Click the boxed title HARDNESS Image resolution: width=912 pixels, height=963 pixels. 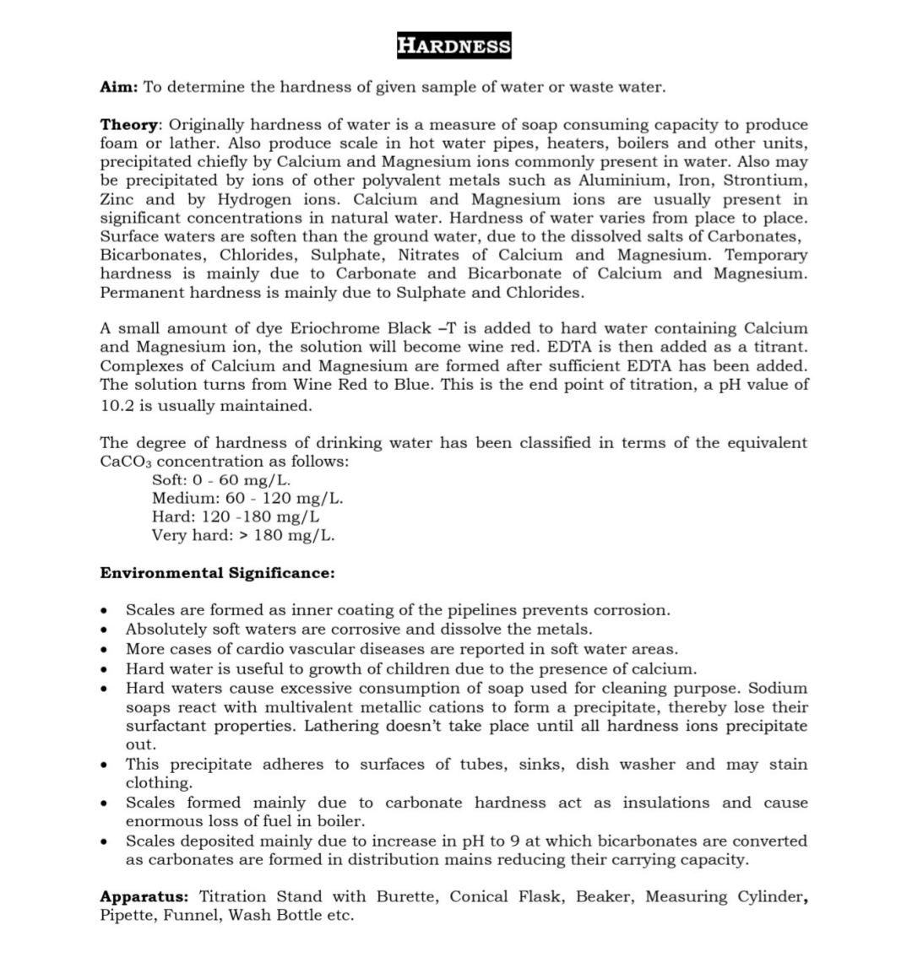(x=454, y=46)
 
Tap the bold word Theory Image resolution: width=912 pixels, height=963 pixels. (x=129, y=124)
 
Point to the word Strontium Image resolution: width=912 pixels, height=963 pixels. (x=765, y=181)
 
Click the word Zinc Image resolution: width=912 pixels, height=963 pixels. (x=118, y=199)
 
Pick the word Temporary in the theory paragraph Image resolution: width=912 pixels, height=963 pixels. (x=766, y=255)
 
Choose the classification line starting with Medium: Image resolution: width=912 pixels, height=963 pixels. (x=247, y=498)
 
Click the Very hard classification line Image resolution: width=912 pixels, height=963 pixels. (x=243, y=535)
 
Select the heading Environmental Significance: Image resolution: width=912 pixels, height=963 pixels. (x=217, y=573)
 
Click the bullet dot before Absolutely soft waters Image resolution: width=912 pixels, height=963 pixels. (x=104, y=630)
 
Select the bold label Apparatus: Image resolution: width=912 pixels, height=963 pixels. (x=144, y=896)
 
